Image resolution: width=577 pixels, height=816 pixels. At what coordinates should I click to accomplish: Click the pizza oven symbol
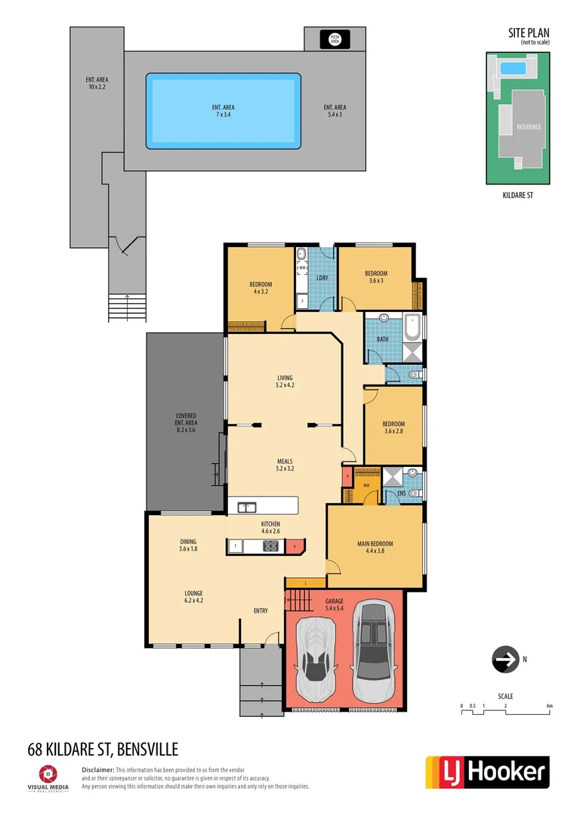pyautogui.click(x=335, y=38)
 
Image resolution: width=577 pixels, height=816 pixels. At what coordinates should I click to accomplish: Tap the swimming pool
pyautogui.click(x=223, y=110)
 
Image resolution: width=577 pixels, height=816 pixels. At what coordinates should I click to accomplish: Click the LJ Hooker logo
pyautogui.click(x=487, y=772)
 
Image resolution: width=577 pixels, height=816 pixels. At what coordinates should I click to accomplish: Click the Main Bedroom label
pyautogui.click(x=375, y=547)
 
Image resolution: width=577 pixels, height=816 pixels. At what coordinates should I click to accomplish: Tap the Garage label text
pyautogui.click(x=334, y=605)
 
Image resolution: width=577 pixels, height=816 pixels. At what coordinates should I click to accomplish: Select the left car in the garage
pyautogui.click(x=317, y=657)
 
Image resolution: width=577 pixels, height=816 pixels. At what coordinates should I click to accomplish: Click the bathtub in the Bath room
pyautogui.click(x=412, y=326)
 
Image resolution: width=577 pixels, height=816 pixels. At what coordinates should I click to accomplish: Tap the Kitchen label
pyautogui.click(x=270, y=527)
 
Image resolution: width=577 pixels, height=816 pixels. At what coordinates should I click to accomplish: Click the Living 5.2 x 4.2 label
pyautogui.click(x=284, y=382)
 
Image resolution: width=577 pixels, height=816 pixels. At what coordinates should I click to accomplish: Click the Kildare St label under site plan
pyautogui.click(x=517, y=195)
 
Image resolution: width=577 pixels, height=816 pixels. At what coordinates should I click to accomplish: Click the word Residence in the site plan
pyautogui.click(x=529, y=127)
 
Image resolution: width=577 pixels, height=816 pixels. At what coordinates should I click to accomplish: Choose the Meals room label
pyautogui.click(x=284, y=465)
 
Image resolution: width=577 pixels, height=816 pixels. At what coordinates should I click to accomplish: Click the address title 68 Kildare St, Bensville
pyautogui.click(x=103, y=750)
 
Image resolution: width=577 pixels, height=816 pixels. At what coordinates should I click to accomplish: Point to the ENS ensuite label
pyautogui.click(x=401, y=493)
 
